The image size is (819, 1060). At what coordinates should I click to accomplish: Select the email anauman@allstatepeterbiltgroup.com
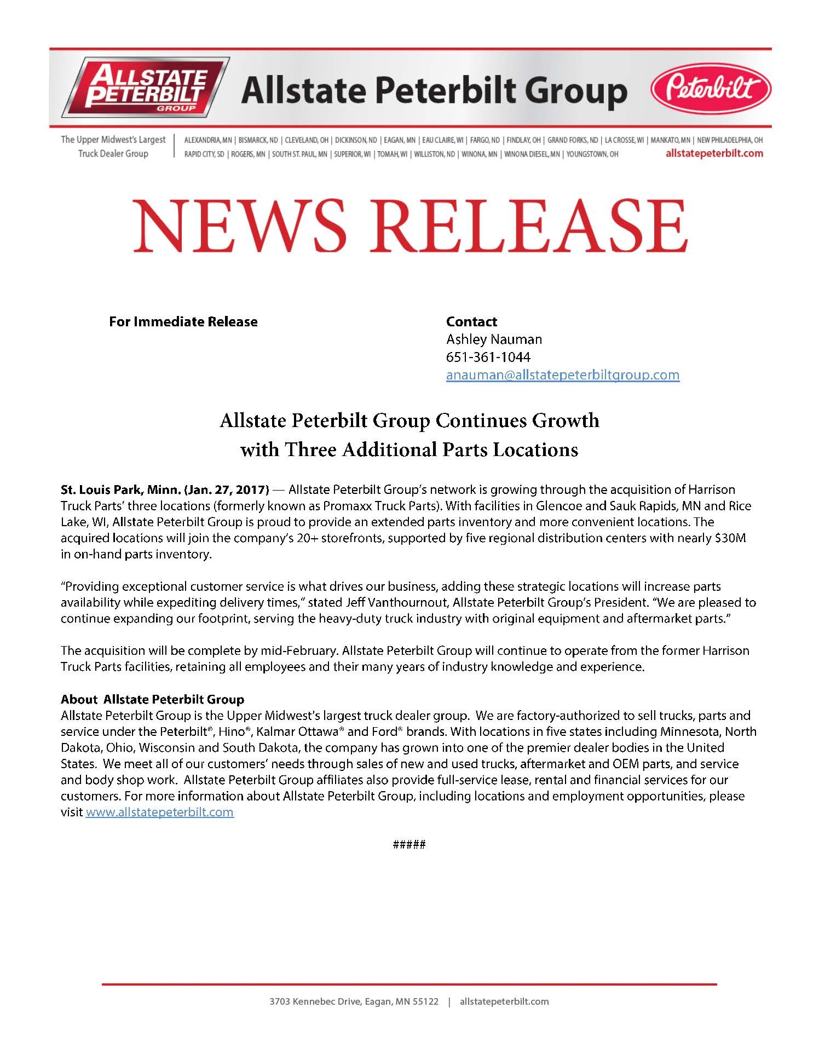pyautogui.click(x=562, y=375)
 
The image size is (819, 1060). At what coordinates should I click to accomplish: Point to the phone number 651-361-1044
pyautogui.click(x=488, y=357)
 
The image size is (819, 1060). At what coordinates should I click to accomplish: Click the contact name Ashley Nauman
pyautogui.click(x=494, y=339)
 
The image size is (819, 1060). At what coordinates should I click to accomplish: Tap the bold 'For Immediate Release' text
pyautogui.click(x=183, y=321)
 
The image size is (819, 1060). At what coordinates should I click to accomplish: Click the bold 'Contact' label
pyautogui.click(x=471, y=321)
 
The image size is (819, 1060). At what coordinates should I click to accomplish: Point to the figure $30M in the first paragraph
pyautogui.click(x=730, y=538)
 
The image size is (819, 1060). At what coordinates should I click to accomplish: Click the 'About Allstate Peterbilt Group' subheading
pyautogui.click(x=152, y=699)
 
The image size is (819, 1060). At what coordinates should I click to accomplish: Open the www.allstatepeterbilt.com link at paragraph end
pyautogui.click(x=159, y=812)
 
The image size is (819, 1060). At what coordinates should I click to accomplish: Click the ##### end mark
pyautogui.click(x=409, y=844)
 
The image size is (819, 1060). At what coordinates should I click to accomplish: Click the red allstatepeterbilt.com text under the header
pyautogui.click(x=714, y=153)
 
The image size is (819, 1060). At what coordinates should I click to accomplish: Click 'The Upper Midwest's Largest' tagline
pyautogui.click(x=113, y=140)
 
